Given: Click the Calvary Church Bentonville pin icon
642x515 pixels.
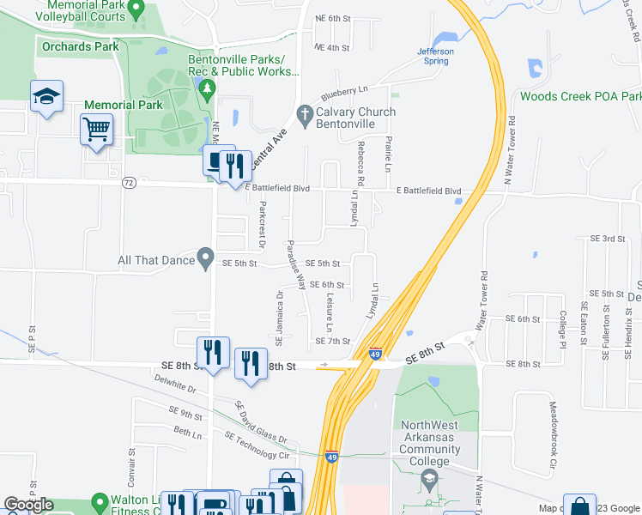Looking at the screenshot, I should click(304, 113).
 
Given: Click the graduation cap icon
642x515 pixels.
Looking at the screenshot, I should click(46, 97).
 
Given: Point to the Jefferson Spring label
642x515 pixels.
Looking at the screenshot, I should click(435, 56).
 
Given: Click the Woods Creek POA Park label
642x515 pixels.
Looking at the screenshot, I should click(580, 96).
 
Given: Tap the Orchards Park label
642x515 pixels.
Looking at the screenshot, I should click(80, 45).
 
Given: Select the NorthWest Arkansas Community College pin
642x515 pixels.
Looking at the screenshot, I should click(429, 461).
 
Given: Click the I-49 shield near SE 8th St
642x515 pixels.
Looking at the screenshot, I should click(376, 353).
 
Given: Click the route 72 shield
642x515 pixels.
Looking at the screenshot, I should click(129, 182).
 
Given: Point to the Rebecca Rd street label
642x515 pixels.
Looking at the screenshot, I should click(361, 163).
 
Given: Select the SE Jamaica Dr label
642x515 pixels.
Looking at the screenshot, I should click(279, 318).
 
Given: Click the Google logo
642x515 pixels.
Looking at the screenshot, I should click(28, 505).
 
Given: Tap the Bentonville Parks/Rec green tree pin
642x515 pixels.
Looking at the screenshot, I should click(206, 88).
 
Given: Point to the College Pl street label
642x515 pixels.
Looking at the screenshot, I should click(563, 328).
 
